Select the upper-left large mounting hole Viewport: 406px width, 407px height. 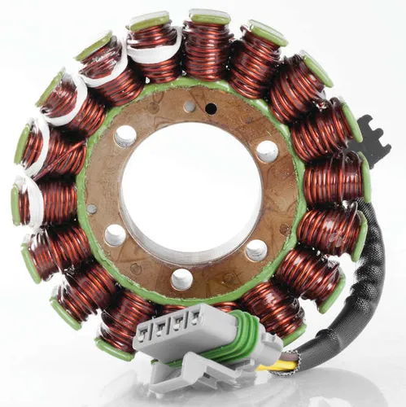(125, 136)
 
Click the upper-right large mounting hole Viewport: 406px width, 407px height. (266, 151)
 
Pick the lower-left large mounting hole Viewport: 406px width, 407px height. (116, 235)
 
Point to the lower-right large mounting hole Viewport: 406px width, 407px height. (256, 250)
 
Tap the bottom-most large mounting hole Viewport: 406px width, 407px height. (182, 279)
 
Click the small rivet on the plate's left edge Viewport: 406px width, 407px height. (92, 209)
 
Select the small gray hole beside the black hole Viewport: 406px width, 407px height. (190, 107)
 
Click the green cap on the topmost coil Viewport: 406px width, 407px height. (209, 16)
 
